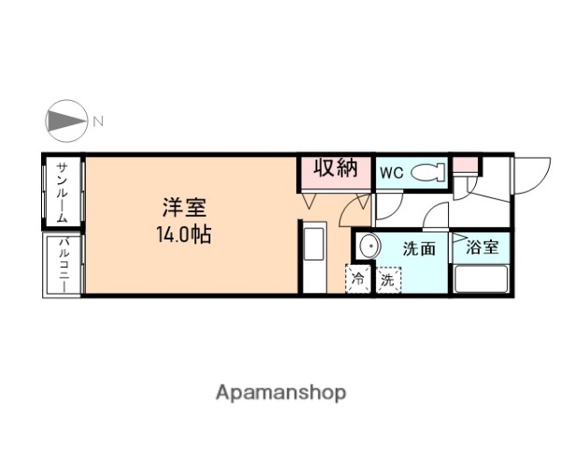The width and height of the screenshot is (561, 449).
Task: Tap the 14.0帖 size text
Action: click(x=183, y=234)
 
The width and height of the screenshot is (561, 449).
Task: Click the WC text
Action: click(x=391, y=172)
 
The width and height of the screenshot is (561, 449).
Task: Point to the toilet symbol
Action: click(x=428, y=171)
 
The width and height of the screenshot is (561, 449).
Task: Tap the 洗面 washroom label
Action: click(x=419, y=249)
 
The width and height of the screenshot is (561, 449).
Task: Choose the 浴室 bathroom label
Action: click(x=482, y=248)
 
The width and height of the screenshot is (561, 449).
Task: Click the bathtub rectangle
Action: click(x=479, y=279)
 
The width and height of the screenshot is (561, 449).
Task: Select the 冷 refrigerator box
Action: click(x=358, y=280)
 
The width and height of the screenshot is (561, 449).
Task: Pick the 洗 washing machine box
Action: click(x=386, y=280)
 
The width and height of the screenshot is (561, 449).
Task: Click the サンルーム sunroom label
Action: click(x=62, y=192)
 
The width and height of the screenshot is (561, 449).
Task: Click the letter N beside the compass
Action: click(x=97, y=120)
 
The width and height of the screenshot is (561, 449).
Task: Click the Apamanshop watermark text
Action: click(x=280, y=392)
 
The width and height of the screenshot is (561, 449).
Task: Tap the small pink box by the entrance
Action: click(x=465, y=166)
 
